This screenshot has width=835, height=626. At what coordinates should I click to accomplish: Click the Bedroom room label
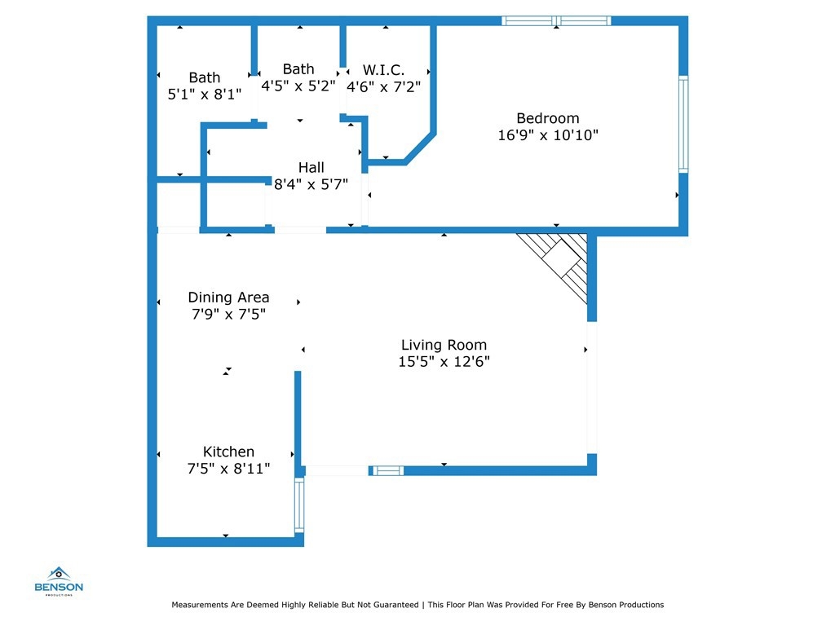547,118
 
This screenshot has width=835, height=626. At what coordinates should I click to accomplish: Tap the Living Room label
444,345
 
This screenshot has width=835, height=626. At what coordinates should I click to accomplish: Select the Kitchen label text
228,452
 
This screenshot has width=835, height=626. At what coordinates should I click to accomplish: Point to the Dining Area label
228,297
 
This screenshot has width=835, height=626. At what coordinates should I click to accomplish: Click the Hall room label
311,167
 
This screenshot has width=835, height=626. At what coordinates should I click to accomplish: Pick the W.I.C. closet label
383,70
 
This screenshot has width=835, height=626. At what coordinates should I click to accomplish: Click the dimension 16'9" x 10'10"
548,135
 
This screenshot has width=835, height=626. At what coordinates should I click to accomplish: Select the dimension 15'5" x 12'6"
444,361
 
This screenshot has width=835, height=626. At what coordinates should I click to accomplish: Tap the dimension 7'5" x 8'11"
228,469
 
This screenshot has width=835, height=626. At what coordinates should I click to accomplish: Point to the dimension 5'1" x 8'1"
205,95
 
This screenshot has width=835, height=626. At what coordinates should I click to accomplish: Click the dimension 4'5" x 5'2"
298,86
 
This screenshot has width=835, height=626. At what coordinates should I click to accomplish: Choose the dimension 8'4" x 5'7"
311,184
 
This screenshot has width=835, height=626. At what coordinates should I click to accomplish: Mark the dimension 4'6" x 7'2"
383,86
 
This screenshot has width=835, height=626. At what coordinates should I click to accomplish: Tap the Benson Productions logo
59,581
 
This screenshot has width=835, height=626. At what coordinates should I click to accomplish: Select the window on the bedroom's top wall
556,20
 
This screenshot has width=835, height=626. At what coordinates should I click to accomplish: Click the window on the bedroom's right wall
683,124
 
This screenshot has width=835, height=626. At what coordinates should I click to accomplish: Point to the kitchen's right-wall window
299,505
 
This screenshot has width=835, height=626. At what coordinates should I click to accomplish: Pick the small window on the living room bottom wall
387,470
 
